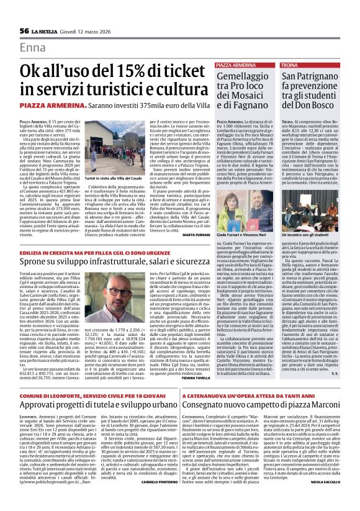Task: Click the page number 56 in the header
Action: [24, 30]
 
